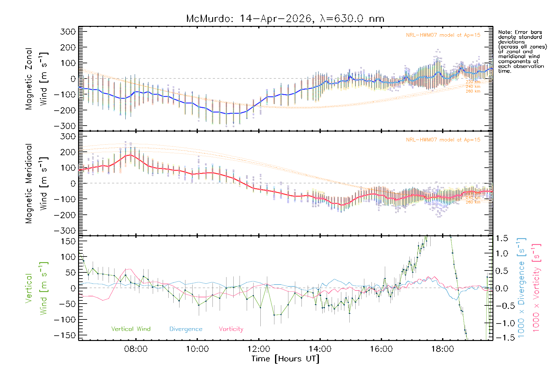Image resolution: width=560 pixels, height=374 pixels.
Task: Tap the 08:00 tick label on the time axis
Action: point(136,349)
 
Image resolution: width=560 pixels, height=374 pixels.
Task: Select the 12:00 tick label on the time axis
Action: point(259,349)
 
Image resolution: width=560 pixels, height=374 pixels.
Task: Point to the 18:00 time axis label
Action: point(443,349)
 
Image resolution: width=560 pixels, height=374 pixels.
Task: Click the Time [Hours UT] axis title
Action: point(285,359)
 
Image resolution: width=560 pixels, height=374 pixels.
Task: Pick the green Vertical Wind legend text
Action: point(131,329)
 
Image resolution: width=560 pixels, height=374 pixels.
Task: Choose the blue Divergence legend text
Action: point(186,329)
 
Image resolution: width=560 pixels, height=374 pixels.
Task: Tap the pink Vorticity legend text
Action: point(231,329)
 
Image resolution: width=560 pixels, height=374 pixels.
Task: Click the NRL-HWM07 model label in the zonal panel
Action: point(443,35)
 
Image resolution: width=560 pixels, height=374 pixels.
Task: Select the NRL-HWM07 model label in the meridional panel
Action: point(443,140)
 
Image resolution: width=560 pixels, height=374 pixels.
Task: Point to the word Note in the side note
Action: point(504,32)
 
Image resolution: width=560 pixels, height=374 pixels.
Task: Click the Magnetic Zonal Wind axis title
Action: point(37,79)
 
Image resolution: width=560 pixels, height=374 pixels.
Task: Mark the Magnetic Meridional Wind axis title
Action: point(37,183)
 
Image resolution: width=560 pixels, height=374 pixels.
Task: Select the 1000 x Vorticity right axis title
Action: point(537,288)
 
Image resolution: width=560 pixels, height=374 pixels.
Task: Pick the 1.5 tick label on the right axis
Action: point(502,238)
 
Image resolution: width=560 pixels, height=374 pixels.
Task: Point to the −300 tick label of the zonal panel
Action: point(65,126)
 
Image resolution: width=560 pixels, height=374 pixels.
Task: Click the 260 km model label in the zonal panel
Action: point(473,91)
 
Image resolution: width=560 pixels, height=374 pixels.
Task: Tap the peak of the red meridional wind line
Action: point(131,155)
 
